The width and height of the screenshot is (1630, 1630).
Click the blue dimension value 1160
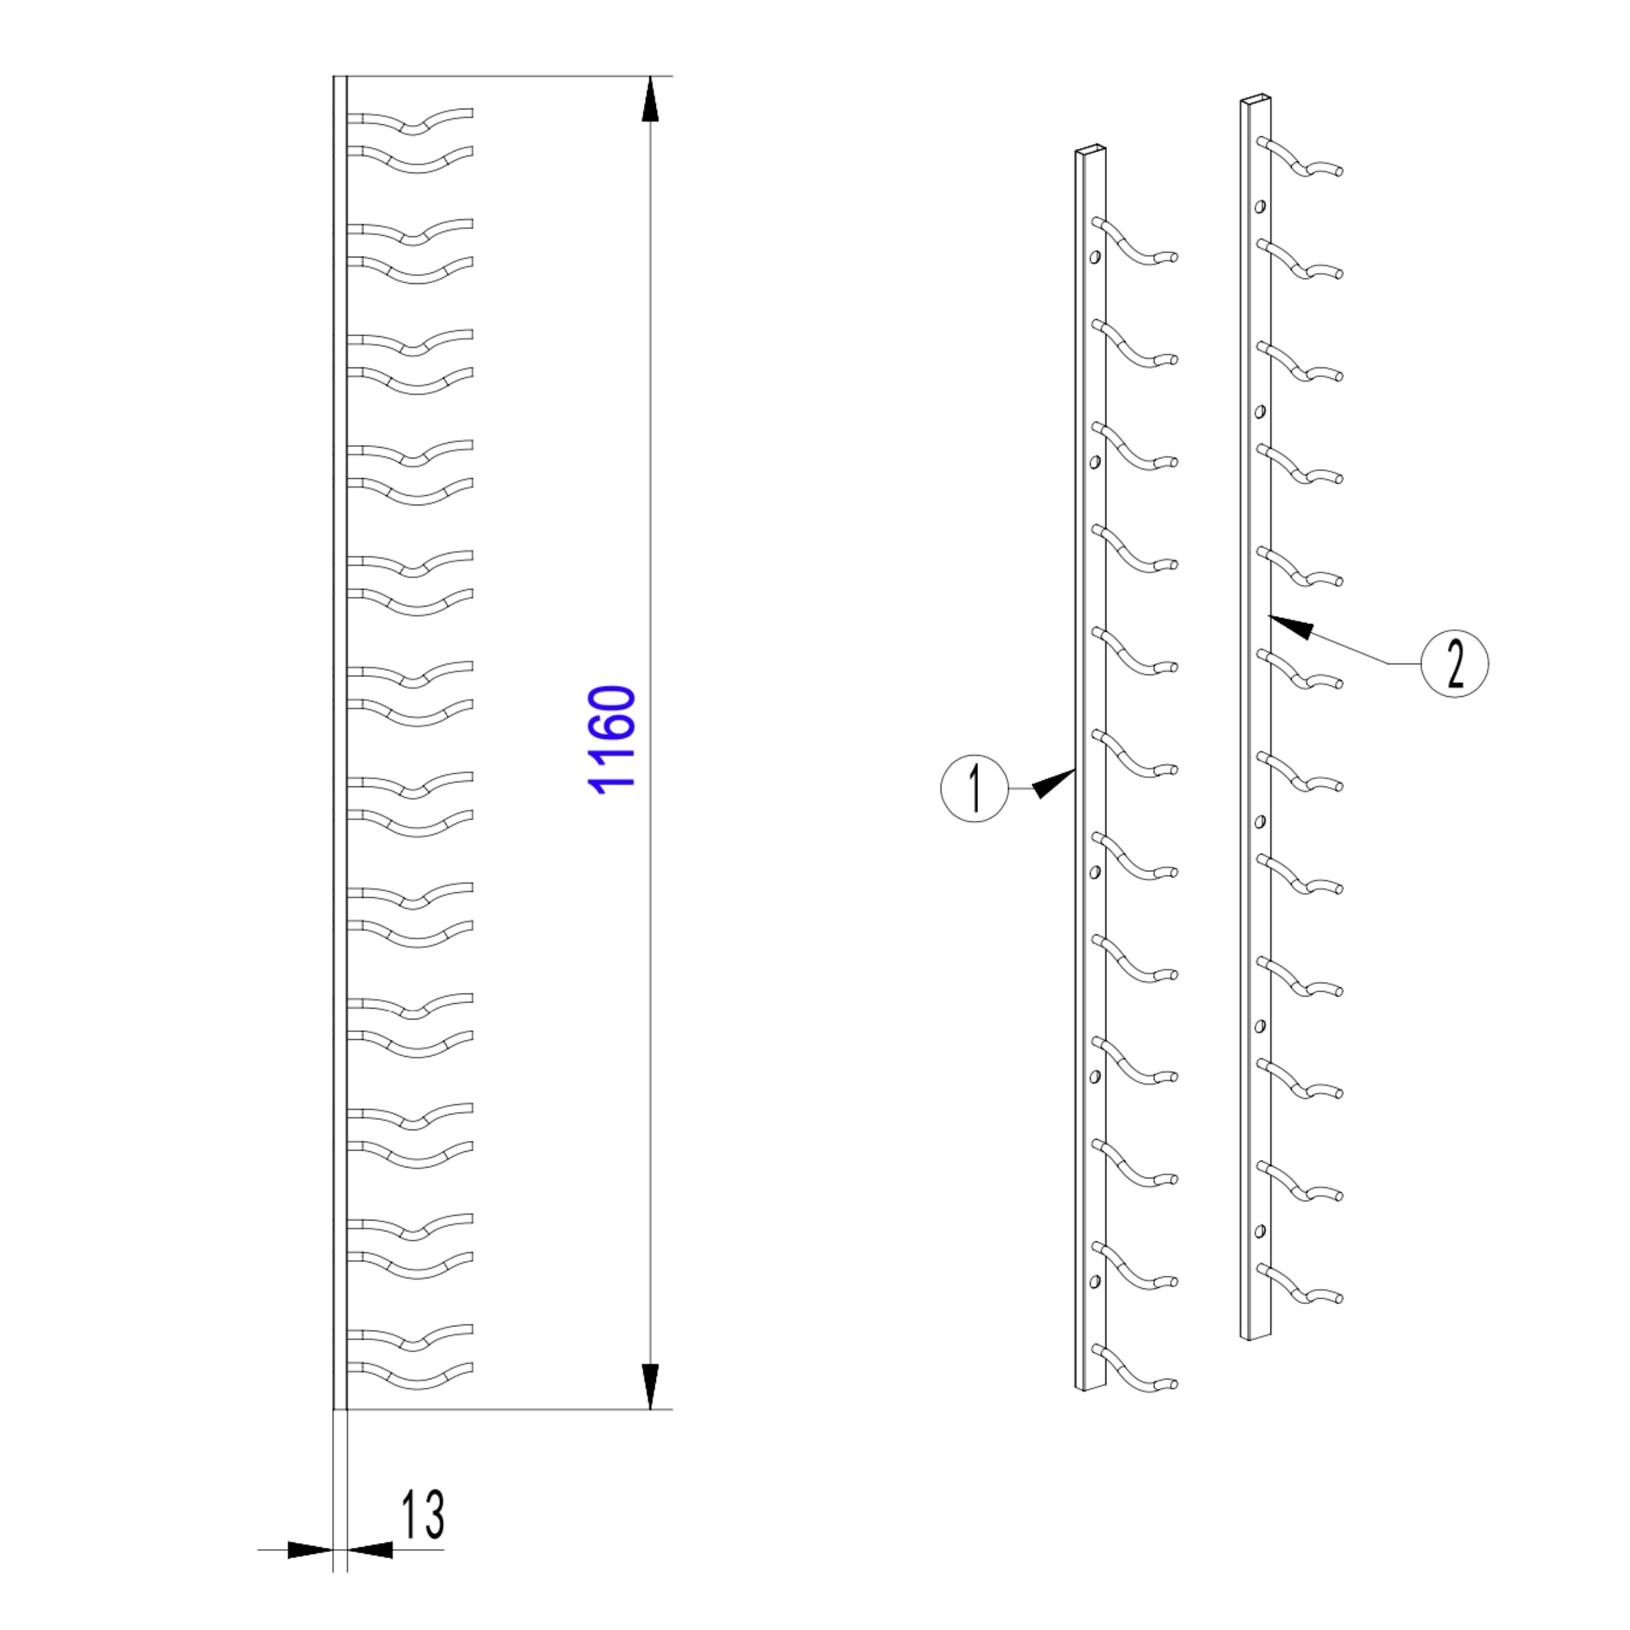pos(612,740)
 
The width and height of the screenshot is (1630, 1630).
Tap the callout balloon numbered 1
pos(975,788)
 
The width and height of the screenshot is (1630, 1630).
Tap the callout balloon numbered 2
pos(1455,663)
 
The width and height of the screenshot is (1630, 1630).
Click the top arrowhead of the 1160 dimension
pos(650,100)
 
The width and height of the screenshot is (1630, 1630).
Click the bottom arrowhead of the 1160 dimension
pos(650,1386)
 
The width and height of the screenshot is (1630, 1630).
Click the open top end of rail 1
pos(1090,149)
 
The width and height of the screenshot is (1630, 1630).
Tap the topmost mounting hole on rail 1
pos(1095,257)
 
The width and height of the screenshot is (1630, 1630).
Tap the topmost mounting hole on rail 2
pos(1260,206)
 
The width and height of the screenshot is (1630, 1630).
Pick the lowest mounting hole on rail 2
pos(1260,1231)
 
